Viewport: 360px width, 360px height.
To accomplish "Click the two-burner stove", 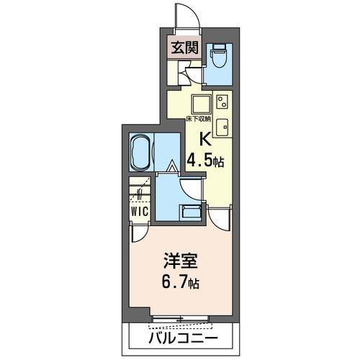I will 222,99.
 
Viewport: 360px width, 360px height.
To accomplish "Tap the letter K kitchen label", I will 204,140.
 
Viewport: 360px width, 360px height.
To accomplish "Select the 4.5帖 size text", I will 205,160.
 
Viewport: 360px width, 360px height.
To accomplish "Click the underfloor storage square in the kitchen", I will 201,100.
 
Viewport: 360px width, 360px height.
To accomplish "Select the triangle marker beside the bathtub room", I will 172,167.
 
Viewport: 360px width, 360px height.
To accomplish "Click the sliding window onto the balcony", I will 181,318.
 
